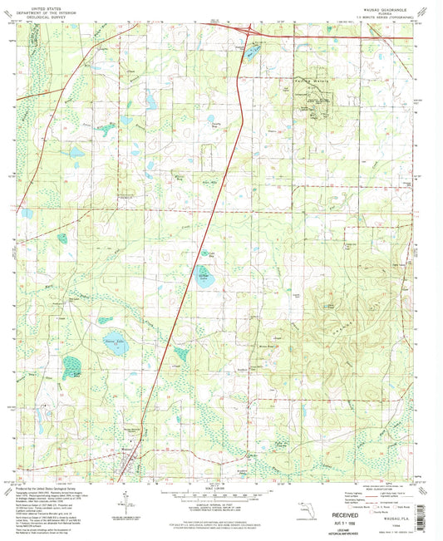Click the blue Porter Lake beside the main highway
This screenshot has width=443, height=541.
click(x=204, y=279)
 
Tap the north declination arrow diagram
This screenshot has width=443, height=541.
click(x=125, y=503)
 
